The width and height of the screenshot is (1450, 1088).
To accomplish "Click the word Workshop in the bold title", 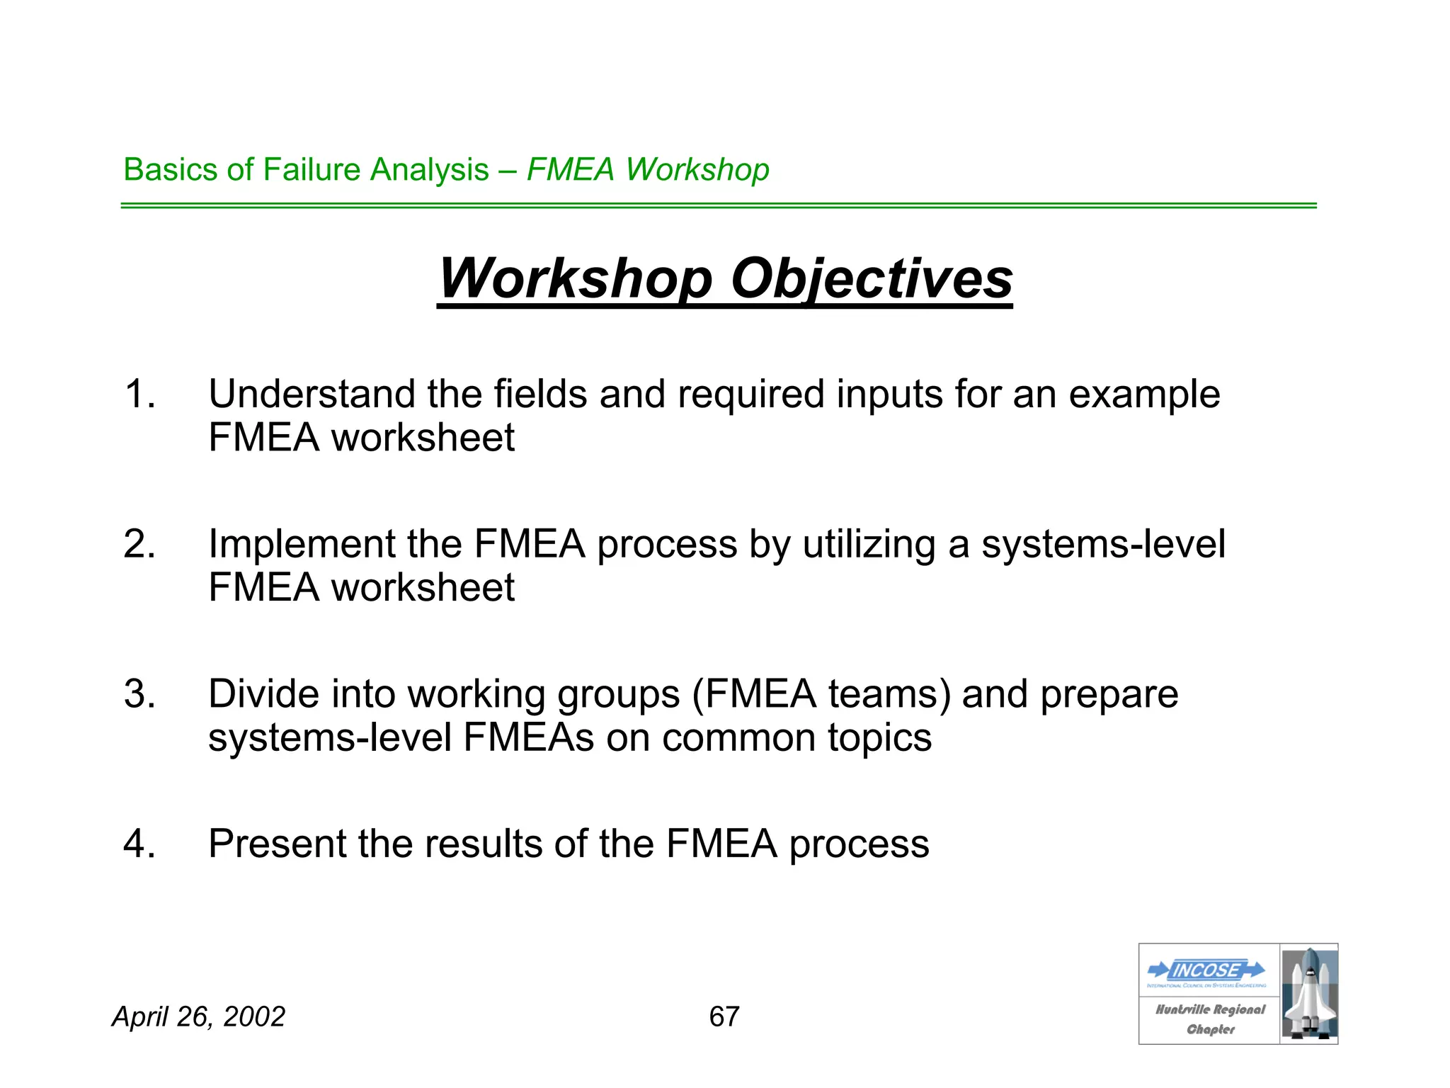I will click(x=575, y=278).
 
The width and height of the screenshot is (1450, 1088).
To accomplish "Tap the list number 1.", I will click(x=139, y=394).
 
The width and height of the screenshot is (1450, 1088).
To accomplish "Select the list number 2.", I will click(x=139, y=544).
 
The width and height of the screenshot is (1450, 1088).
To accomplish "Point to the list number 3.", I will click(x=139, y=694).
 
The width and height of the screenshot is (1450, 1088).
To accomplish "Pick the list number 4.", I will click(x=139, y=844).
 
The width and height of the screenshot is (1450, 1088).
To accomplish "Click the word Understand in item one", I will click(x=311, y=394).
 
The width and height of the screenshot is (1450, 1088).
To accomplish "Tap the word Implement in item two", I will click(x=301, y=544).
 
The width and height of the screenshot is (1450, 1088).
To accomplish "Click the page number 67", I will click(x=724, y=1016).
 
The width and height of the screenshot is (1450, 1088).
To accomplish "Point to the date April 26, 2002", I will click(x=199, y=1016).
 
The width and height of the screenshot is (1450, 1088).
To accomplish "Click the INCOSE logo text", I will click(x=1206, y=970).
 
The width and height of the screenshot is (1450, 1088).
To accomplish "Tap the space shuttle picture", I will click(x=1309, y=993).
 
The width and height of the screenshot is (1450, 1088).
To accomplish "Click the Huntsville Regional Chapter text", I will click(x=1210, y=1019).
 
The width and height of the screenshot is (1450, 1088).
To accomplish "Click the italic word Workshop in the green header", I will click(x=697, y=170).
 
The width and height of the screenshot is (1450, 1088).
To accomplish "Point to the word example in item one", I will click(x=1144, y=394).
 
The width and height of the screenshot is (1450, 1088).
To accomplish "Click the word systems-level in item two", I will click(x=1103, y=544).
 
